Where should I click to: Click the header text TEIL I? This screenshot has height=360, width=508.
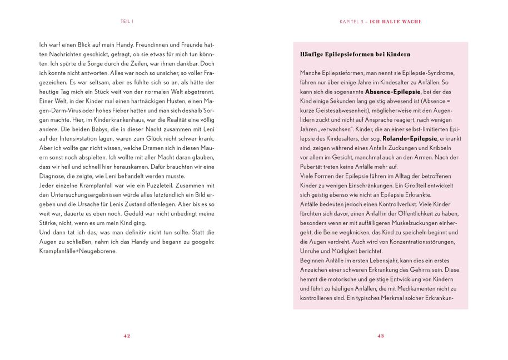(x=127, y=22)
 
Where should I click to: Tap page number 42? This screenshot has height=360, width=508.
(x=127, y=336)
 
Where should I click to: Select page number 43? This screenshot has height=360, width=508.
(x=381, y=336)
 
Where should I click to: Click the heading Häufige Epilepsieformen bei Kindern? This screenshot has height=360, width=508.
(x=355, y=54)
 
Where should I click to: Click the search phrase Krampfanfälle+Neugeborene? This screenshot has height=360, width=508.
(x=77, y=251)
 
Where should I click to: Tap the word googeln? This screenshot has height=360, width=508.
(x=198, y=242)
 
